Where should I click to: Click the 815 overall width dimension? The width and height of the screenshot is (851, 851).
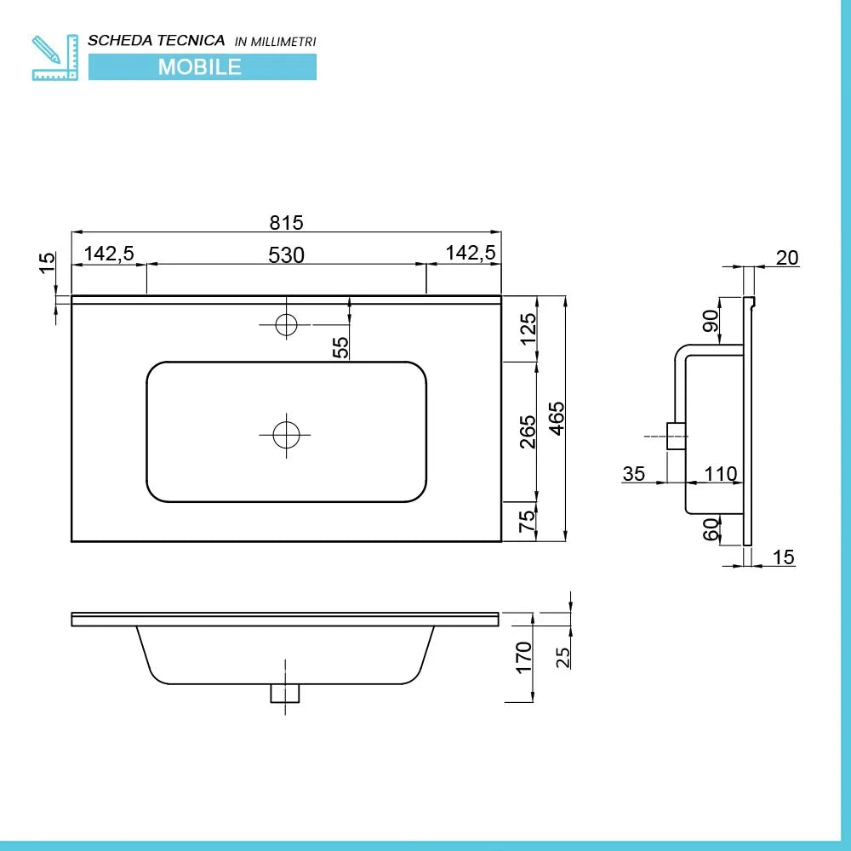pos(287,223)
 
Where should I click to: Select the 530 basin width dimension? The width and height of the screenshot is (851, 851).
pos(287,254)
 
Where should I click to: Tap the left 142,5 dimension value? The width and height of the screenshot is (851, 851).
pos(109,254)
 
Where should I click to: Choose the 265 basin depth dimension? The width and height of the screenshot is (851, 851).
pos(528,431)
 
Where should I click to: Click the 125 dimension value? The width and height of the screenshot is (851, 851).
pos(528,328)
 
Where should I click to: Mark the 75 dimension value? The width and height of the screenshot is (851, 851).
pos(528,521)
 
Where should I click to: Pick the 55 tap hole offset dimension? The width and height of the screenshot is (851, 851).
pos(340,347)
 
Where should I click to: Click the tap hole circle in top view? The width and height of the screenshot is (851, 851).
pos(286,323)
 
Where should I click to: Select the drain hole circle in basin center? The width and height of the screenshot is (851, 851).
pos(286,435)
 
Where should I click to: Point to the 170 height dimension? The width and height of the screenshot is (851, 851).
pos(523,657)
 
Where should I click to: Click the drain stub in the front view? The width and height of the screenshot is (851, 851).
pos(285,694)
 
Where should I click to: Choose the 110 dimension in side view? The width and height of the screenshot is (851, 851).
pos(721,474)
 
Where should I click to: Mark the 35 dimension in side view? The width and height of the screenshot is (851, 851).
pos(634,474)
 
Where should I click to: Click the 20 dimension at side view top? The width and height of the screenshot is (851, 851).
pos(787,257)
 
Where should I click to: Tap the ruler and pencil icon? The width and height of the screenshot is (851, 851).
pos(54,57)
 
